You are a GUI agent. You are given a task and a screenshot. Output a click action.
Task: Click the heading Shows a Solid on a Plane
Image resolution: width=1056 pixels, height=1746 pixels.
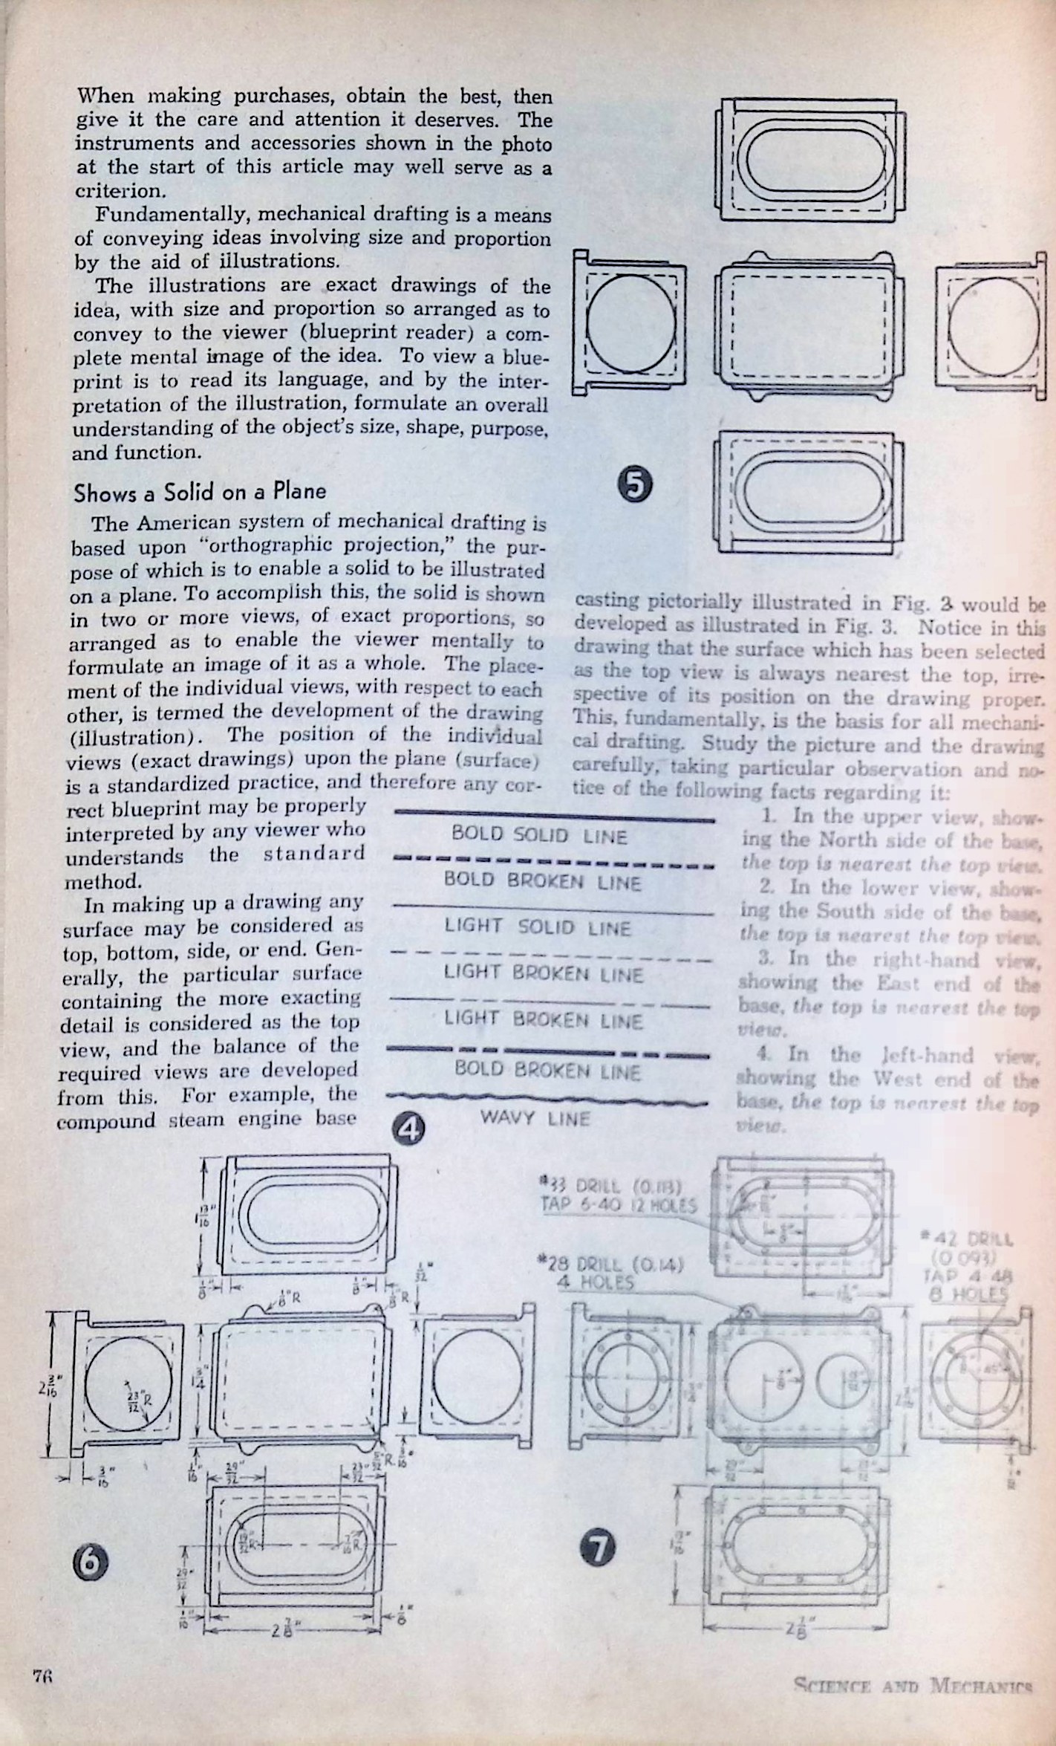pos(199,491)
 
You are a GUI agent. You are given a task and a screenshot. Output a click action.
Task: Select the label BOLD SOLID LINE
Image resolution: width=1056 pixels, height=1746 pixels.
pos(540,836)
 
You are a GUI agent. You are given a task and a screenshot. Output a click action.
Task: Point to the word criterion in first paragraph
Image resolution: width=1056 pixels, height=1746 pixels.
pos(119,190)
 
